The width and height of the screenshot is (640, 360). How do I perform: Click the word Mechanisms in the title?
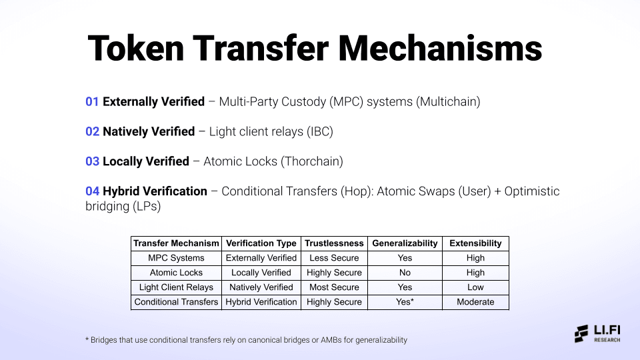tap(440, 49)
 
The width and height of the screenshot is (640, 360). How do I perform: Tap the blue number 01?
tap(92, 101)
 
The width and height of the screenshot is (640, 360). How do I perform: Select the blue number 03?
tap(92, 161)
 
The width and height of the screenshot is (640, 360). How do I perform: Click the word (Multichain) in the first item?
tap(448, 101)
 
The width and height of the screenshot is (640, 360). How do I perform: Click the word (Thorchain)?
tap(312, 161)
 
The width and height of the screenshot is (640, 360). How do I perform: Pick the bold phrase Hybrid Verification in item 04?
tap(155, 191)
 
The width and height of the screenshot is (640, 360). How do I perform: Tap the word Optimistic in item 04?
tap(532, 191)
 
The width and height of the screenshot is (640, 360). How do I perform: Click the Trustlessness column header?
tap(334, 243)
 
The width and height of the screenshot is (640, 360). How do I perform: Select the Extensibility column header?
tap(475, 243)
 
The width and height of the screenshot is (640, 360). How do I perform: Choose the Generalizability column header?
tap(405, 243)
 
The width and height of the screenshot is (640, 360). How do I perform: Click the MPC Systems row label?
tap(176, 258)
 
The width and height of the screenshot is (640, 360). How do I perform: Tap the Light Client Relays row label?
tap(176, 287)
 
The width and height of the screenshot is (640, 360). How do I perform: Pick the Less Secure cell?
tap(334, 258)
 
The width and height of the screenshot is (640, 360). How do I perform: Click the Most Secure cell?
tap(334, 287)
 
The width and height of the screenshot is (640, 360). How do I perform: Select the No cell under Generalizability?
tap(405, 273)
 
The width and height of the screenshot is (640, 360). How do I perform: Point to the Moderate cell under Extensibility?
tap(475, 302)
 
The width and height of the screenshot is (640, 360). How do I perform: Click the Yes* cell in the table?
tap(405, 302)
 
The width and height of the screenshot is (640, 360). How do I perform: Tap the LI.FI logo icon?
tap(581, 333)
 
